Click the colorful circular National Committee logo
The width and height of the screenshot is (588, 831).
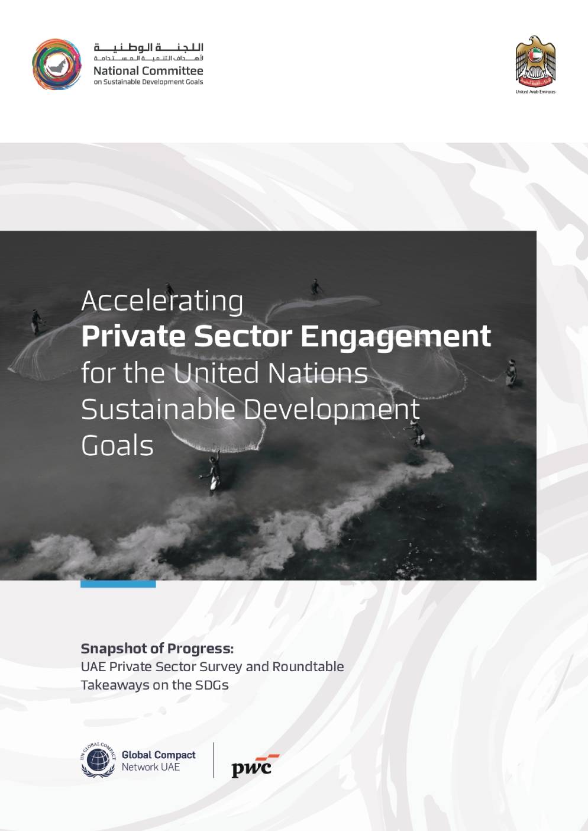56,64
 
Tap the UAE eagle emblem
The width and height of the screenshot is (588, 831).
536,61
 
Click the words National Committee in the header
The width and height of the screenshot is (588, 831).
148,70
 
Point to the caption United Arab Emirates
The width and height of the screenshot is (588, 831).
536,92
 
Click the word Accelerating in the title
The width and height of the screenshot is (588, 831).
163,302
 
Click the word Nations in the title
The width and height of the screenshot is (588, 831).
318,373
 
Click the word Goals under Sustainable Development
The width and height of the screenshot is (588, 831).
117,446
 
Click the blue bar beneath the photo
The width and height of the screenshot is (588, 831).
118,584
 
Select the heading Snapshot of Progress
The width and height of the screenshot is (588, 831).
157,649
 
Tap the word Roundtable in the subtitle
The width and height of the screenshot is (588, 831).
308,666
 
